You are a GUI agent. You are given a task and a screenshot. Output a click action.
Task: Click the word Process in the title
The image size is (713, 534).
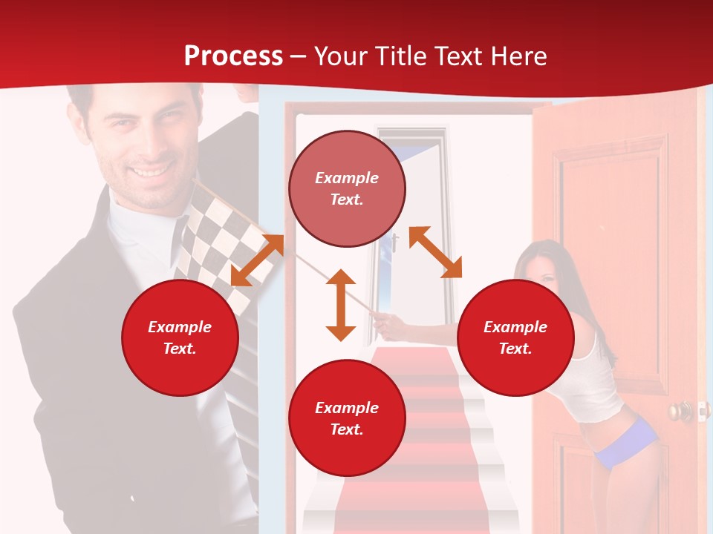tap(233, 56)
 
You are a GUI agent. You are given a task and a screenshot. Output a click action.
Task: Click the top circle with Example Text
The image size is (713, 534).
tap(347, 188)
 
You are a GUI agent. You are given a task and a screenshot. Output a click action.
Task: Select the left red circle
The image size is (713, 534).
tap(180, 337)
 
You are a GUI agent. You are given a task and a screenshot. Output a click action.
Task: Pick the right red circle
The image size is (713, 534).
tap(515, 337)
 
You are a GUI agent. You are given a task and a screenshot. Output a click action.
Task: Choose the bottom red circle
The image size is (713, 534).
tap(347, 418)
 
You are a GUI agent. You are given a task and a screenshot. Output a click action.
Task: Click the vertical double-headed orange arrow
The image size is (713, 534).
tap(341, 305)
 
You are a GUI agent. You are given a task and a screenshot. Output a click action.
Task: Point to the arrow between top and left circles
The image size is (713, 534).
tap(258, 260)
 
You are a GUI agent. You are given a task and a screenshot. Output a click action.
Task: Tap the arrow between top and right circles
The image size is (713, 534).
tap(435, 252)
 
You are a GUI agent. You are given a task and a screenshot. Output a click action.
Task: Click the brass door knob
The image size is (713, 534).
tap(678, 410)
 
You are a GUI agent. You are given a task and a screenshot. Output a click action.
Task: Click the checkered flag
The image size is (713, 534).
tap(223, 237)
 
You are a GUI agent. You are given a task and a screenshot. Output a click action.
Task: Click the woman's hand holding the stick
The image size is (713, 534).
tap(383, 320)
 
